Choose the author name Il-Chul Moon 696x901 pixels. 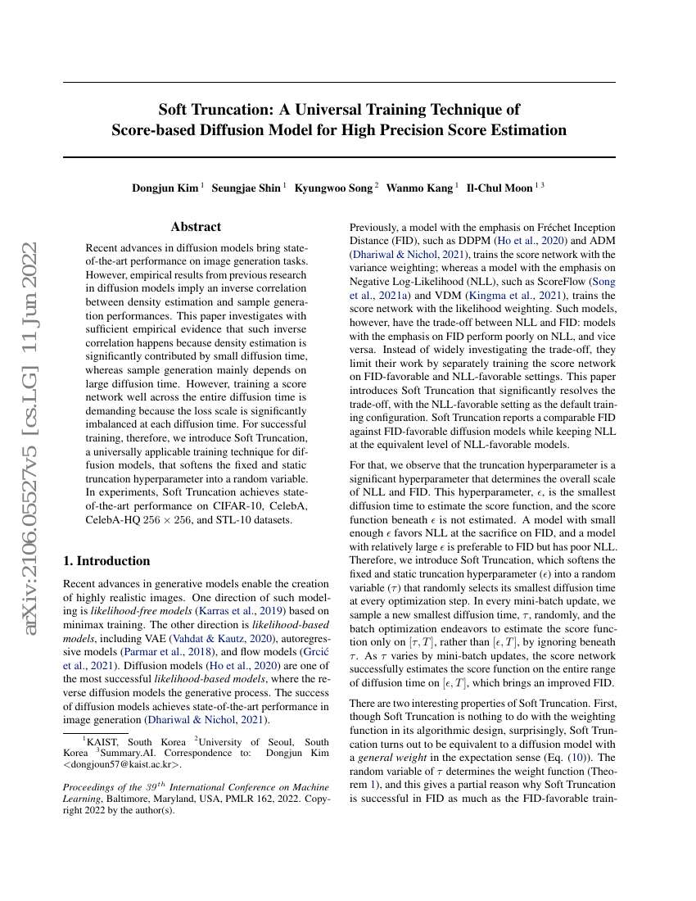coord(499,188)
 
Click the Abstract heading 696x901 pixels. coord(196,227)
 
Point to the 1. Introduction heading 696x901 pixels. coord(106,560)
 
